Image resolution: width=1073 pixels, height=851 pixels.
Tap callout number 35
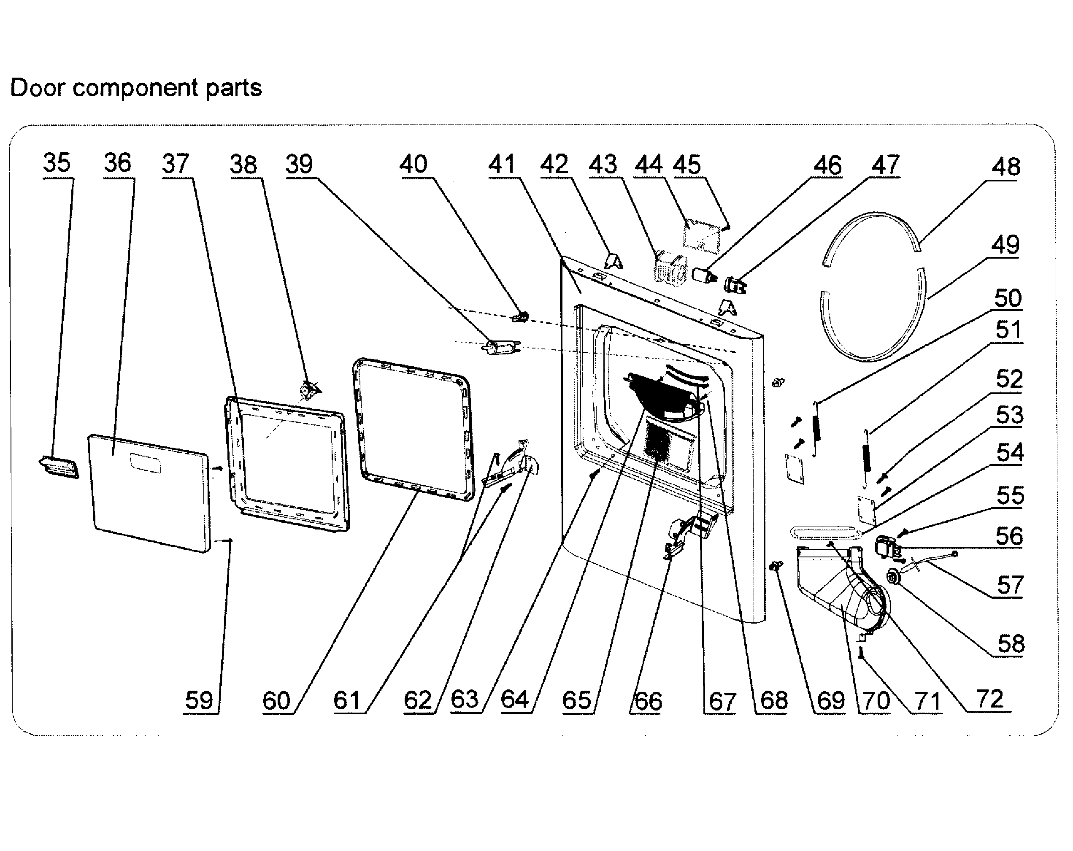[57, 163]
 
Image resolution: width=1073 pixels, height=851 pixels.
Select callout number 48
[1005, 167]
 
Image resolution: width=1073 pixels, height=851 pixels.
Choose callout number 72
[989, 699]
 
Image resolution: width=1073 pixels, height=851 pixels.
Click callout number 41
[502, 164]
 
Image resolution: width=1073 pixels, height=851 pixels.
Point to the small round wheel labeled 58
[894, 578]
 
